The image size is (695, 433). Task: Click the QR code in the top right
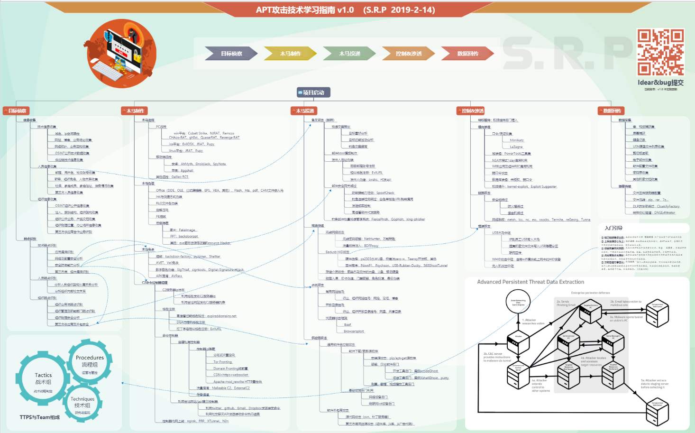click(x=660, y=52)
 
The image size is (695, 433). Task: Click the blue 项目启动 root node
click(x=313, y=92)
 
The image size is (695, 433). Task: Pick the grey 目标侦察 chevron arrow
click(x=231, y=54)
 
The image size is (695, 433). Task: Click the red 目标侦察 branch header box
click(x=16, y=111)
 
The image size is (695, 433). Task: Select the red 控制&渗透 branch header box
click(x=471, y=111)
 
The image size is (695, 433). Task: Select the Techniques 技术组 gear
click(x=82, y=403)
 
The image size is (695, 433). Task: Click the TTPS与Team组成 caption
click(x=40, y=417)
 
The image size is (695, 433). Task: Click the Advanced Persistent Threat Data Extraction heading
click(x=530, y=282)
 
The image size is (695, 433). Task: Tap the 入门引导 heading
click(x=613, y=228)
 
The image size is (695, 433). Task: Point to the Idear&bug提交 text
click(x=660, y=83)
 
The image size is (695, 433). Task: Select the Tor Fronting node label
click(x=222, y=362)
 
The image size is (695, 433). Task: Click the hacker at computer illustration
click(x=122, y=53)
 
